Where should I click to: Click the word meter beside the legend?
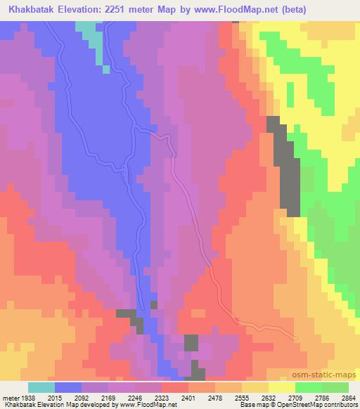click(x=10, y=397)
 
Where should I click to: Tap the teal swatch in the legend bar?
click(x=41, y=387)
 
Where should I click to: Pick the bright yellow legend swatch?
click(x=282, y=387)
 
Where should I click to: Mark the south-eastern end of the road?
click(x=297, y=339)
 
